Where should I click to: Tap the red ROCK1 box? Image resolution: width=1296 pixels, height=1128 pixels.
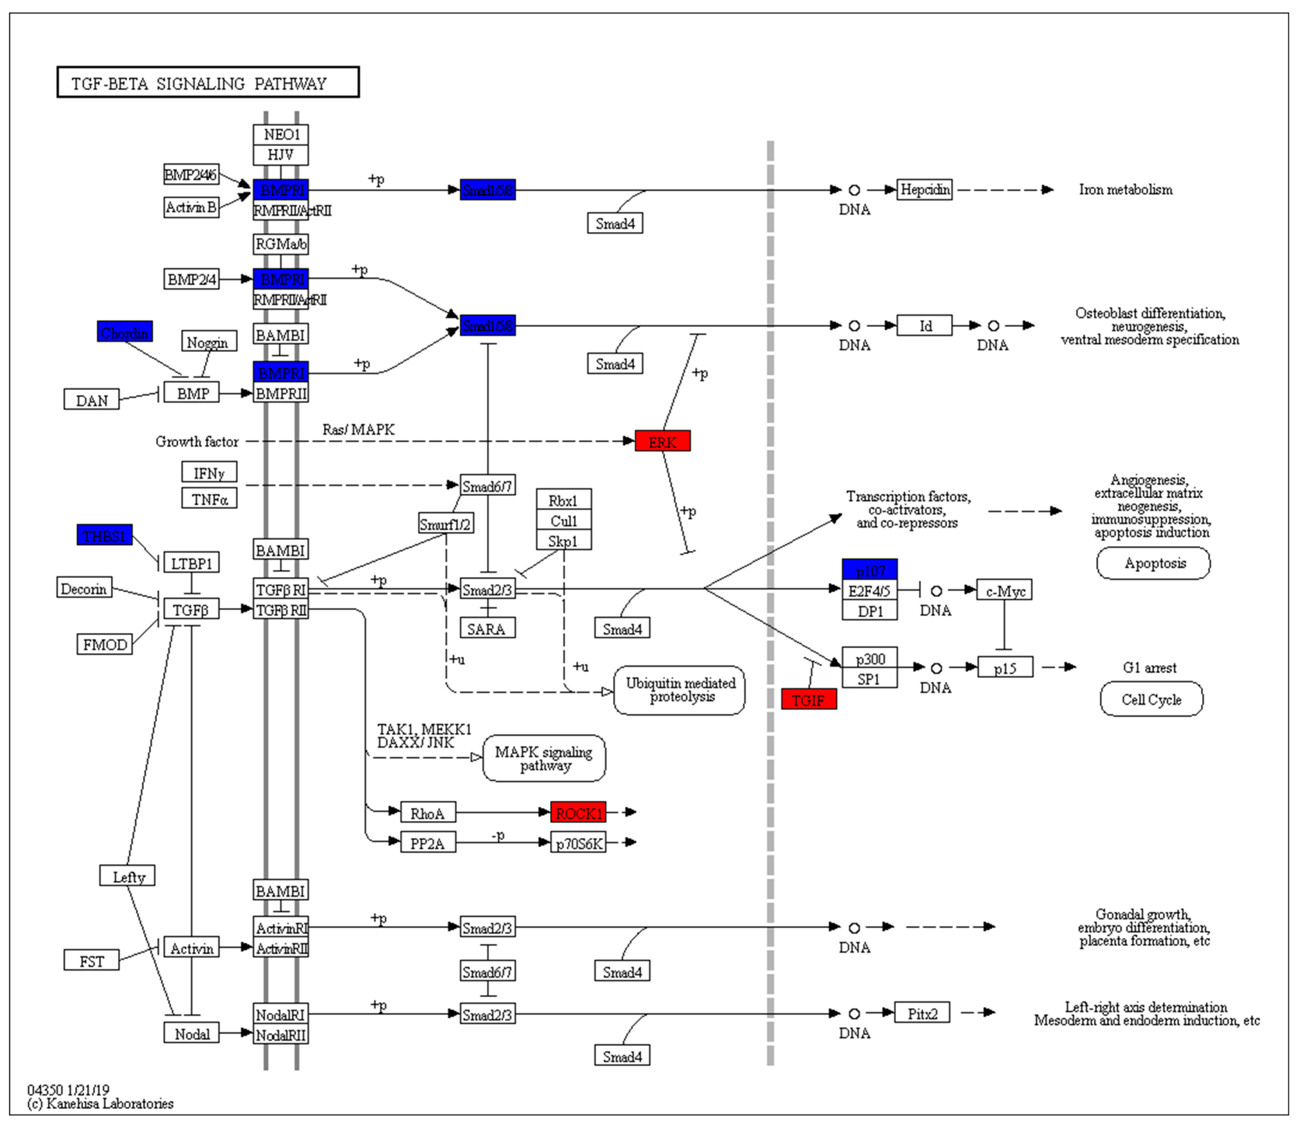tap(578, 813)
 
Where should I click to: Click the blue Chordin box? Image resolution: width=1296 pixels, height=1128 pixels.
tap(124, 332)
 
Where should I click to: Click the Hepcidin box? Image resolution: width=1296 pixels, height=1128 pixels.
tap(924, 189)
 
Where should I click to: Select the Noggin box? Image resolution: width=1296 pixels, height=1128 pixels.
tap(209, 342)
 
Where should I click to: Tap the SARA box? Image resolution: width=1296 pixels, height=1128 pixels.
tap(487, 628)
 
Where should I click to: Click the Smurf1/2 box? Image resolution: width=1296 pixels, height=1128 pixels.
tap(446, 524)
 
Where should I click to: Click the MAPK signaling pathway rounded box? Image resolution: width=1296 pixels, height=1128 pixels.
tap(544, 759)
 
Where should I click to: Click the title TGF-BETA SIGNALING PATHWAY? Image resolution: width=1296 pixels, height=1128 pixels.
tap(208, 82)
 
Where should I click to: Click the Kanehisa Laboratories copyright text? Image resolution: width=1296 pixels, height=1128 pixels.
tap(101, 1104)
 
